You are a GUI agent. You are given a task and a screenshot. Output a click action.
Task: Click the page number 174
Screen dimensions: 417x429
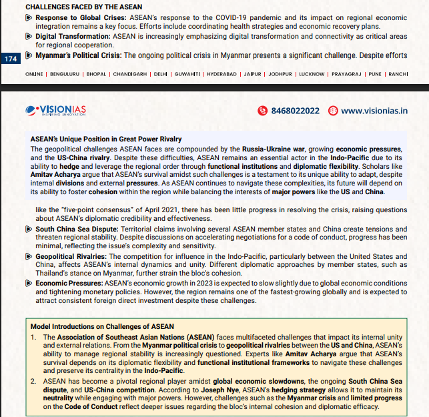[x=10, y=59]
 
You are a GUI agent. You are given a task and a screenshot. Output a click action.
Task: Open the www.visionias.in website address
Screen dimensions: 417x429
[x=374, y=111]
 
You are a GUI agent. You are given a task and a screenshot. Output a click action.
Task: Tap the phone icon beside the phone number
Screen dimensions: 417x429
[x=263, y=111]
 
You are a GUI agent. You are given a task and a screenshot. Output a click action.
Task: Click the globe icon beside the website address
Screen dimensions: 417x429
[x=332, y=111]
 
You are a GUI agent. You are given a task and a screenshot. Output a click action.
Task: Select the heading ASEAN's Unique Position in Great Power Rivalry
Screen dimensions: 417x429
[x=106, y=139]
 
